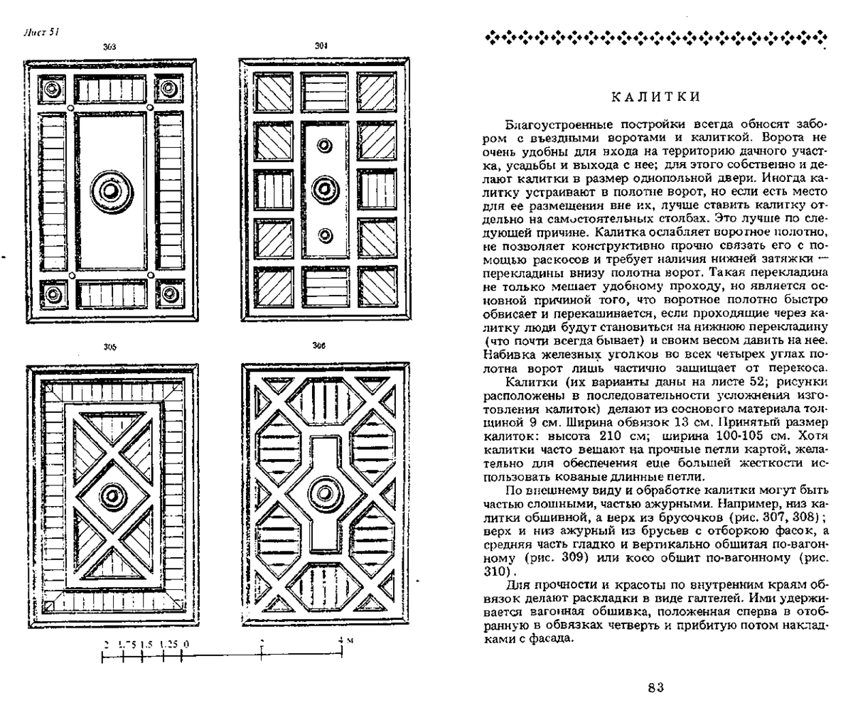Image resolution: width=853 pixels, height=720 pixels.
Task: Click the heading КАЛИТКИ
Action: [656, 97]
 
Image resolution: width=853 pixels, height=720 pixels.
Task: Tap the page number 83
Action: [655, 688]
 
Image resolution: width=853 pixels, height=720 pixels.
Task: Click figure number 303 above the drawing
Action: [109, 47]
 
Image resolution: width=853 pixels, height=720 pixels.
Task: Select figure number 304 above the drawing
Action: [321, 46]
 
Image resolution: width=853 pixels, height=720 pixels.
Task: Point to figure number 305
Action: [110, 348]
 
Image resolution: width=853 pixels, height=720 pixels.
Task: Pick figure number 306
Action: [319, 346]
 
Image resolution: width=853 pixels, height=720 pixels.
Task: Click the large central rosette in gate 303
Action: [111, 191]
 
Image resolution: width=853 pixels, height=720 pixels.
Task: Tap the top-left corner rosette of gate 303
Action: [52, 88]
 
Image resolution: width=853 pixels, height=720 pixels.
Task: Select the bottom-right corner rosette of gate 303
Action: [169, 293]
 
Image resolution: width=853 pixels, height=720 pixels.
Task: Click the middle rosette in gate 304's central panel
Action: [325, 189]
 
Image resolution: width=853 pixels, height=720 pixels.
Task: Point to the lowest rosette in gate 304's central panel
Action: [325, 235]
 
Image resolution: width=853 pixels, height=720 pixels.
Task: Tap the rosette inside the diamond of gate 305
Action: [112, 497]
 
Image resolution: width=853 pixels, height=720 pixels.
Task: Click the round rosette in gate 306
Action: [325, 493]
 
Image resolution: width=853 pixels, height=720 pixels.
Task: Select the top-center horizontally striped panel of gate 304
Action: [325, 92]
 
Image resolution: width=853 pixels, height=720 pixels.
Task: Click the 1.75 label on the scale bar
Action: [127, 645]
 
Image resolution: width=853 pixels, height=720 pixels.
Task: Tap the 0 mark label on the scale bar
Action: [186, 645]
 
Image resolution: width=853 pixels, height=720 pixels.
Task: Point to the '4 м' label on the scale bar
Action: [345, 640]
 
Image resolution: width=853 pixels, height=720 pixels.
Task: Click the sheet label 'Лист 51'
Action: [41, 33]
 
